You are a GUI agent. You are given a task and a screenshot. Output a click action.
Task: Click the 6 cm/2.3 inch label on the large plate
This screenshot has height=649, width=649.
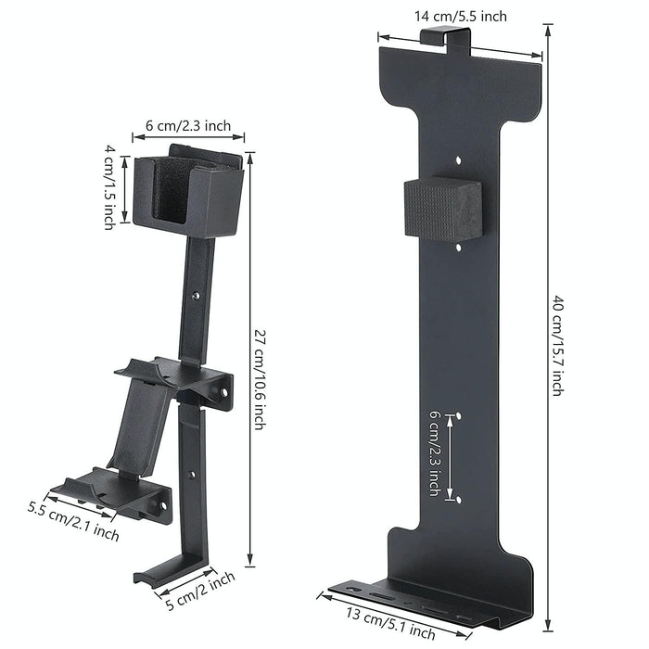pos(433,453)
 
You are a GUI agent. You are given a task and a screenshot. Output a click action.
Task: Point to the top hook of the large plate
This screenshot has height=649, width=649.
pos(446,39)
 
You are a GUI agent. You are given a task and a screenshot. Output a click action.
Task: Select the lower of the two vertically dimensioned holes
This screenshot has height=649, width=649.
pos(459,499)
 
